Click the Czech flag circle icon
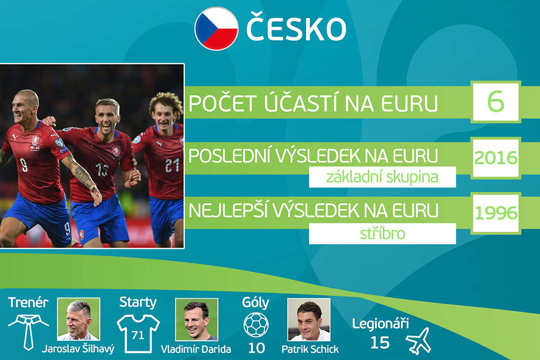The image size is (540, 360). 216,29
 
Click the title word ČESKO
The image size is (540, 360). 296,27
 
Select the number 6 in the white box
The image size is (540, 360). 495,101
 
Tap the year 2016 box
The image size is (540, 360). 495,158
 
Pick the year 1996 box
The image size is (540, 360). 495,213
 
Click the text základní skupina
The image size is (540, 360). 382,177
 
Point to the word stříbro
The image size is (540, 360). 382,234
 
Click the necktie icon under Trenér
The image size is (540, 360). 28,332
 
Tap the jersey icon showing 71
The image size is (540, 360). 138,334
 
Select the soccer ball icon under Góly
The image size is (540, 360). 256,324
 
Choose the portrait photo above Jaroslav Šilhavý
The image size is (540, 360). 79,319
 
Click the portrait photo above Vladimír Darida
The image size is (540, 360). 197,319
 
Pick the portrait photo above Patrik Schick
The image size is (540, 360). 309,319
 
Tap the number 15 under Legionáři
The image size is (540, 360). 380,342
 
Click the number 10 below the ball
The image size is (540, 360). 256,348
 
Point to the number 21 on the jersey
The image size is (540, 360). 172,165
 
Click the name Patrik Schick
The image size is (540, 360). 310,349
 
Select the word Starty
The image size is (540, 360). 138,302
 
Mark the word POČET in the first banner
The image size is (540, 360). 222,103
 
